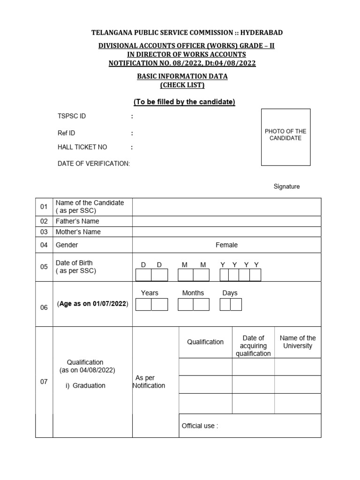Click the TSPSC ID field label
coord(72,116)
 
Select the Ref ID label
coord(66,133)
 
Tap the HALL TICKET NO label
coord(82,147)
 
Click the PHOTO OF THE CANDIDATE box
coord(285,137)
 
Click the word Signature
coord(286,187)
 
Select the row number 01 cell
coord(44,207)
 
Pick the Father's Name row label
coord(77,221)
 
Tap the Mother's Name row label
coord(78,232)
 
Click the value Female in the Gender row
coord(226,245)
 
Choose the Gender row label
coord(67,245)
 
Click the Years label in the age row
coord(150,293)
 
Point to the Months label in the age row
coord(193,293)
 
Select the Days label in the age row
coord(230,293)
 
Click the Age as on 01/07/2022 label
coord(93,304)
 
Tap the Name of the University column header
coord(298,342)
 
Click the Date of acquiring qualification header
coord(253,345)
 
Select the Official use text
coord(200,426)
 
